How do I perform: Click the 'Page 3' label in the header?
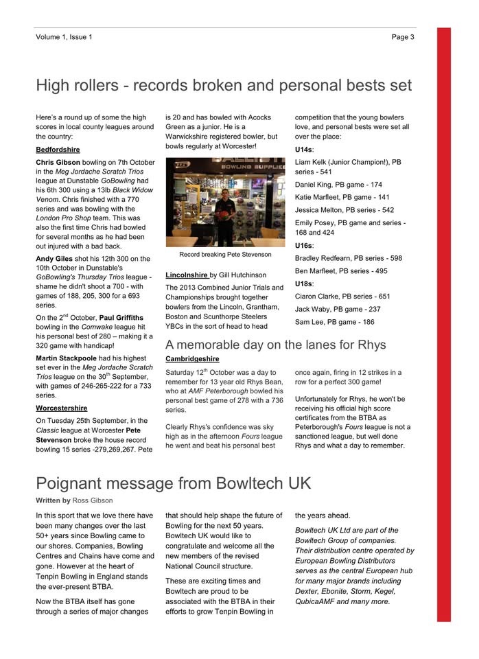click(403, 37)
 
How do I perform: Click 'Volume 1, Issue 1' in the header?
click(64, 37)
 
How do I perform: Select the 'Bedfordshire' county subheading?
click(58, 150)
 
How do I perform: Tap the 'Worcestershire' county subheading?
click(61, 408)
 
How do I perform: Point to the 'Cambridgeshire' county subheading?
click(192, 359)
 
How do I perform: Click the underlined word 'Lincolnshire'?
click(187, 275)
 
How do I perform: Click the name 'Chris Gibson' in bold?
click(58, 163)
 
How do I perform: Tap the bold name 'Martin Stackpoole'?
click(67, 358)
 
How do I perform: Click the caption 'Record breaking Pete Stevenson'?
click(225, 255)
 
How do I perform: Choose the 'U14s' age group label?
click(304, 150)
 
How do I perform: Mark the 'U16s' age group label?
click(304, 245)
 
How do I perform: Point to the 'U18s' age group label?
click(304, 284)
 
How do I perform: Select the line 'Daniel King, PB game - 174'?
click(338, 185)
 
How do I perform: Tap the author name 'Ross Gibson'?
click(93, 500)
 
